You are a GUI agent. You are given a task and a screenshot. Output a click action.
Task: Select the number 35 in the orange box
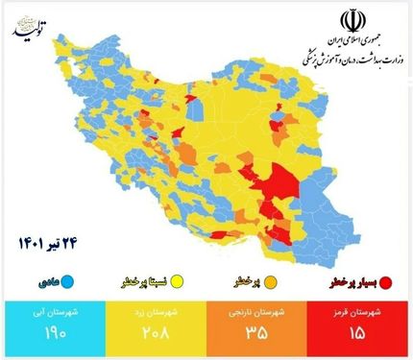pos(255,335)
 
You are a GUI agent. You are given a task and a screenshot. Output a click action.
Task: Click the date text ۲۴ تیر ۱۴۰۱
pos(47,244)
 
